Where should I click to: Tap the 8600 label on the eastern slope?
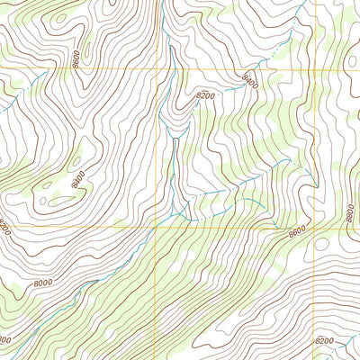[297, 231]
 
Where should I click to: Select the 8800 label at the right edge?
[350, 214]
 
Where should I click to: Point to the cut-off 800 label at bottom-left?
[4, 340]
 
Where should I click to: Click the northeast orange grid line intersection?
[315, 68]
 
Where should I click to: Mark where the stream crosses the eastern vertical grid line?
[314, 178]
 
